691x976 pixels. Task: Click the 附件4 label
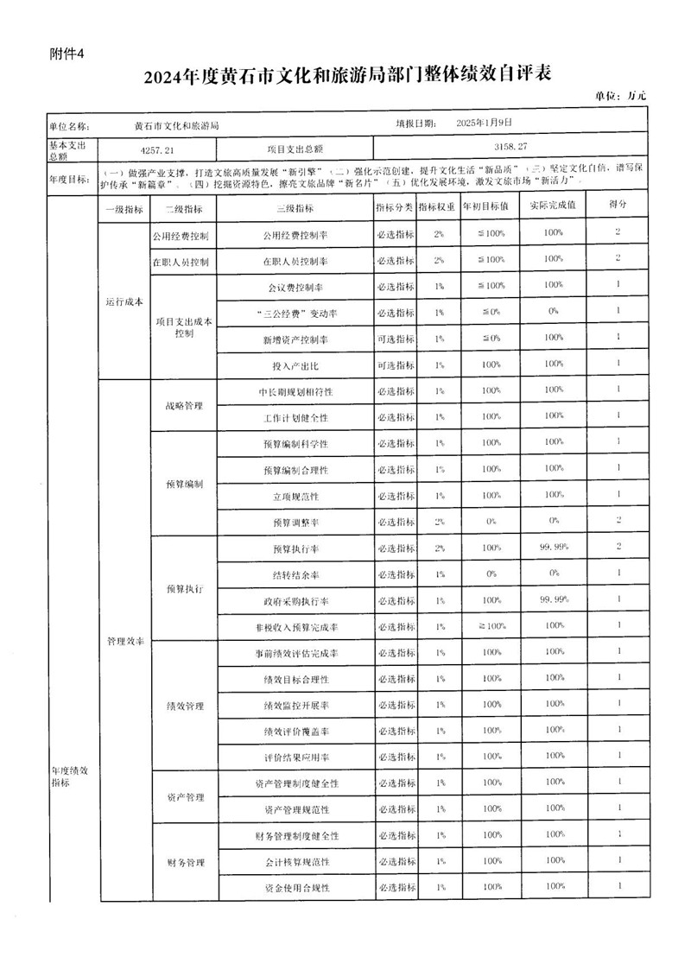68,54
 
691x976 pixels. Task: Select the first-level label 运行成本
124,302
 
